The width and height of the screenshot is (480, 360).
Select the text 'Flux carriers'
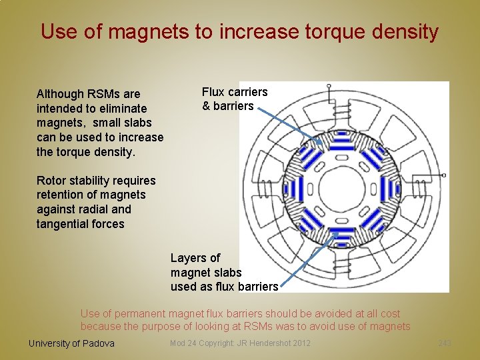tap(235, 92)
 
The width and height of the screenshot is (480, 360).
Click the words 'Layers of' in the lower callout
tap(195, 258)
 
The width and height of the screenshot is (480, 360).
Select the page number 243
tap(445, 343)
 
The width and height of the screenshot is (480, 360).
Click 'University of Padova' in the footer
tap(71, 343)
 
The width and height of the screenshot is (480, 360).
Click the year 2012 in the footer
tap(301, 343)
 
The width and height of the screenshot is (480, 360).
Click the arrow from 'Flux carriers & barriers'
tap(285, 123)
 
